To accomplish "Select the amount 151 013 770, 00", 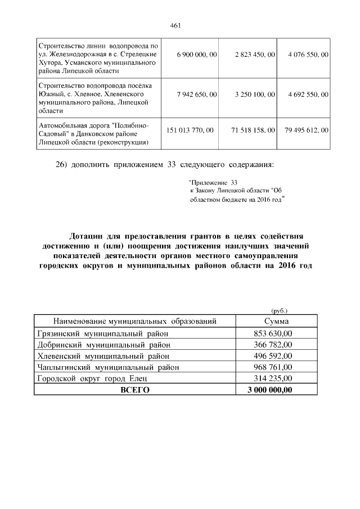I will point(191,130).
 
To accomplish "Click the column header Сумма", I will point(276,321).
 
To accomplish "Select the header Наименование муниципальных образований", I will point(135,321).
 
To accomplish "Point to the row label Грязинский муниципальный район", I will point(103,334).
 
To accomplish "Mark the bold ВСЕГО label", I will point(135,390).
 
